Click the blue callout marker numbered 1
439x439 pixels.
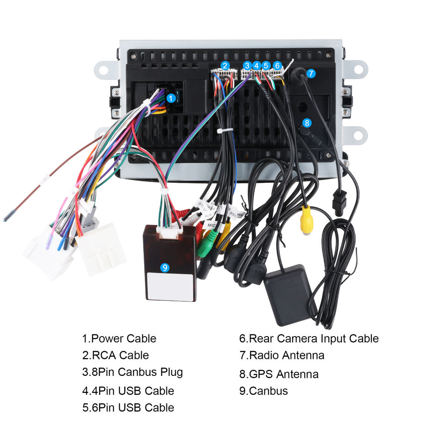coord(171,97)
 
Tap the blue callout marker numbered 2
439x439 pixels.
coord(225,65)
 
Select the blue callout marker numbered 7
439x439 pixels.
coord(311,73)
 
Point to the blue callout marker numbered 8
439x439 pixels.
coord(307,123)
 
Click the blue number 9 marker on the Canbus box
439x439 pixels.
coord(165,268)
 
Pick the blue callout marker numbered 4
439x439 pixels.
coord(257,65)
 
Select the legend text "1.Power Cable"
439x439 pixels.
coord(119,339)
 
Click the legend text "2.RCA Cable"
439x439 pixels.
coord(115,355)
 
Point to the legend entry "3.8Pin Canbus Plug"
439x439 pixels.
coord(132,372)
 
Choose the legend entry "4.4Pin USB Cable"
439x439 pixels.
coord(128,391)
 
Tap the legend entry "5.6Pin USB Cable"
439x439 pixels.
coord(128,407)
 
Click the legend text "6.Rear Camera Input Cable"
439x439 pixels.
coord(309,339)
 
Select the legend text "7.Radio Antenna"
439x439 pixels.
coord(281,355)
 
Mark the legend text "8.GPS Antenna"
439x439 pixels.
coord(278,374)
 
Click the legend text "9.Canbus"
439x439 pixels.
coord(263,391)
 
